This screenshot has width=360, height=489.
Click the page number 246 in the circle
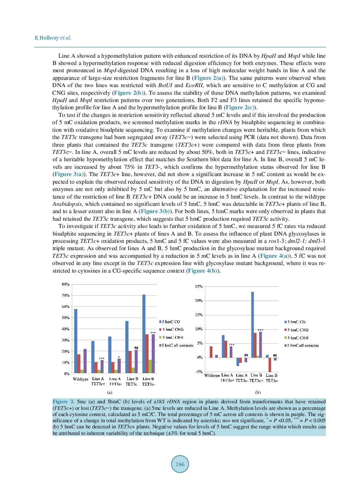point(180,464)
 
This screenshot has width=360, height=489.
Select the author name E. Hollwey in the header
point(47,38)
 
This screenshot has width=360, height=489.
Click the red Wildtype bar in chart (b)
point(211,352)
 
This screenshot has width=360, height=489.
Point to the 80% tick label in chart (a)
point(65,284)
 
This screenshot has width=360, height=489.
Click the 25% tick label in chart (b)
point(199,286)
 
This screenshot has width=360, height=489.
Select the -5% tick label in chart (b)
point(199,372)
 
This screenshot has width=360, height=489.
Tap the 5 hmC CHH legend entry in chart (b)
point(297,338)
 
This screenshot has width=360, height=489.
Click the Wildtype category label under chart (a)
point(81,379)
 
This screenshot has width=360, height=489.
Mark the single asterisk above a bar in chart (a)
point(119,357)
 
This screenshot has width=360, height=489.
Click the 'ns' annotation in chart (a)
point(136,348)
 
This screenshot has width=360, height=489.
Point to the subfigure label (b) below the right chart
point(258,392)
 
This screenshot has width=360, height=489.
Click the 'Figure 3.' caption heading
point(63,402)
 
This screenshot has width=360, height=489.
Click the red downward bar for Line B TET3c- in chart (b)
point(270,364)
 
